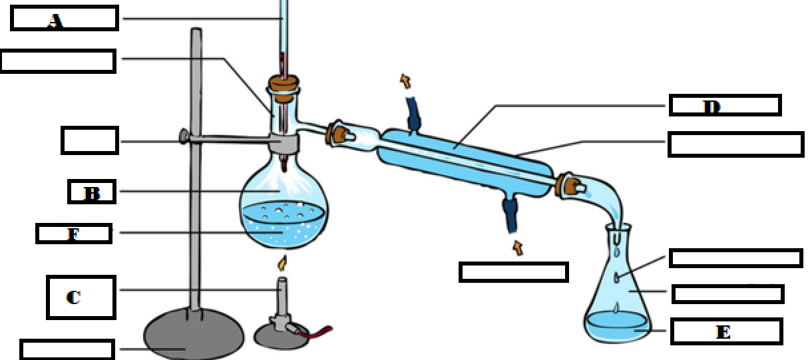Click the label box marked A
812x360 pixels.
[x=65, y=19]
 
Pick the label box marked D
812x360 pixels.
[x=725, y=105]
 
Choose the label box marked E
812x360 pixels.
[x=726, y=331]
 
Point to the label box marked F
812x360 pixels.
[x=73, y=234]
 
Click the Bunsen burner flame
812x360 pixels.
[x=283, y=264]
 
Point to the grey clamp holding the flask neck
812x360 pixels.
[x=284, y=142]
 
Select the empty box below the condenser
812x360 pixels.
[x=513, y=272]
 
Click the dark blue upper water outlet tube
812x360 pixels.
[x=413, y=114]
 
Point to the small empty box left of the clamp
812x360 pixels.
[x=89, y=140]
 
